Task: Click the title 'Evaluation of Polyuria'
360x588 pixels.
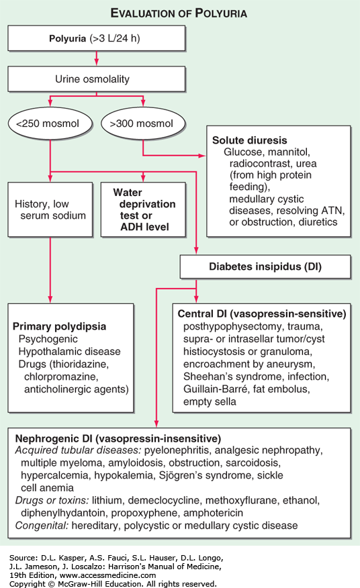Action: pyautogui.click(x=179, y=13)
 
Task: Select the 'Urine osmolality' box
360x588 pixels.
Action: pyautogui.click(x=97, y=79)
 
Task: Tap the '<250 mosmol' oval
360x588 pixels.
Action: pyautogui.click(x=50, y=124)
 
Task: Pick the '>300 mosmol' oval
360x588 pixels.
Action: pyautogui.click(x=143, y=124)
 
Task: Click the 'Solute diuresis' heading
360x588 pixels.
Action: pyautogui.click(x=250, y=140)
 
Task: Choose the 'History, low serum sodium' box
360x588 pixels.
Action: pyautogui.click(x=50, y=209)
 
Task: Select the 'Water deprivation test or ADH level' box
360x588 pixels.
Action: pyautogui.click(x=143, y=209)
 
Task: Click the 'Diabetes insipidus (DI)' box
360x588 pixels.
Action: pyautogui.click(x=265, y=266)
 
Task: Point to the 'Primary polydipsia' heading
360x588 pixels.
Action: pyautogui.click(x=59, y=326)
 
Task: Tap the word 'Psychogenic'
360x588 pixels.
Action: pyautogui.click(x=48, y=339)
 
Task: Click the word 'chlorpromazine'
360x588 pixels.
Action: pyautogui.click(x=61, y=377)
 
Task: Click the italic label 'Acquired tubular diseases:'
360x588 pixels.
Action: pyautogui.click(x=78, y=450)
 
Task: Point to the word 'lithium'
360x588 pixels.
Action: pyautogui.click(x=107, y=500)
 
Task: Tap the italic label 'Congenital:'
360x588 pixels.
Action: pyautogui.click(x=42, y=526)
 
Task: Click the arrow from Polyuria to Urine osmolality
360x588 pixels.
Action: pyautogui.click(x=97, y=58)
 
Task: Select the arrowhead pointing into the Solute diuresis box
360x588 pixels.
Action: pyautogui.click(x=203, y=155)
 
